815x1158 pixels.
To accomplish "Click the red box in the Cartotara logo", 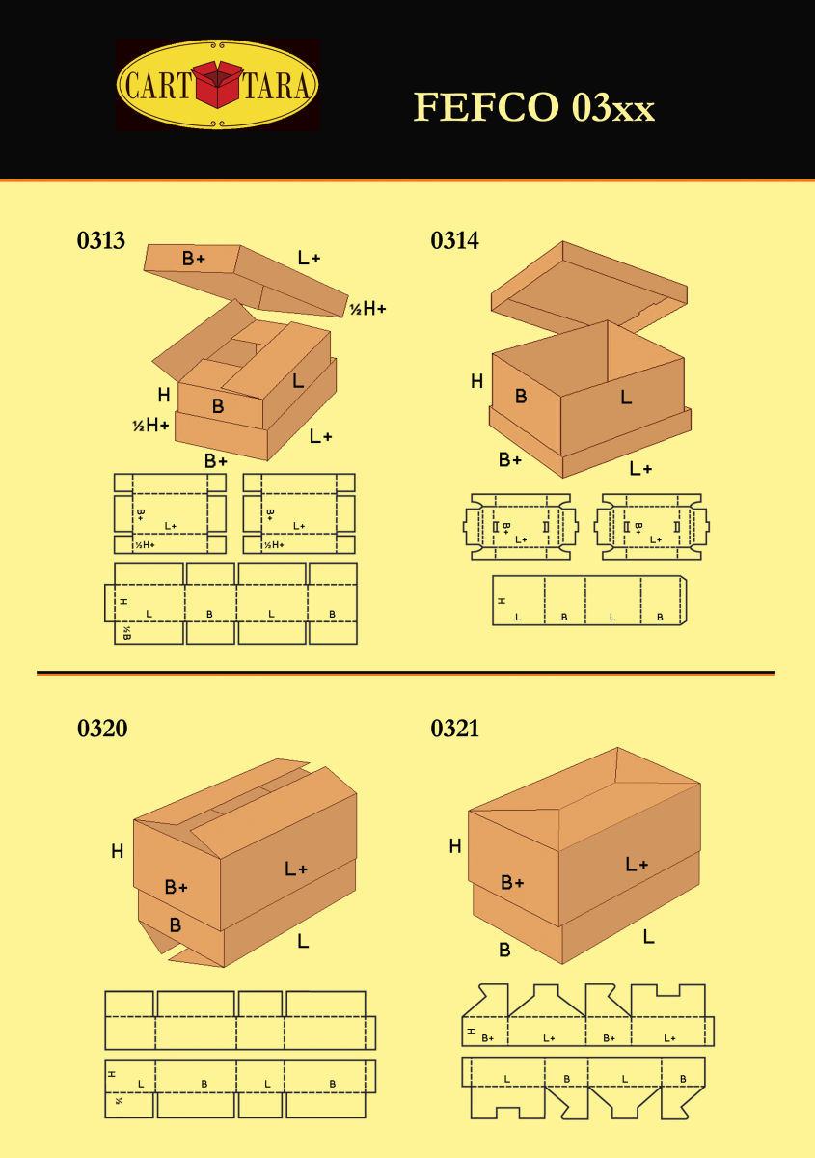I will [x=218, y=84].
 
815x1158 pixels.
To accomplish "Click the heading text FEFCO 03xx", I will [x=533, y=107].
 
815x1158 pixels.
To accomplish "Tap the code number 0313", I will [x=101, y=241].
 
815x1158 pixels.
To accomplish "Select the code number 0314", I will [x=454, y=241].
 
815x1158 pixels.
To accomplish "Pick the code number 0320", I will [x=102, y=729].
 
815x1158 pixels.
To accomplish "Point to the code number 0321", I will [x=454, y=729].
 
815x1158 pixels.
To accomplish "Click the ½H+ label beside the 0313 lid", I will [x=367, y=309].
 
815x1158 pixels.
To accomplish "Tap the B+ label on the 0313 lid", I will [x=194, y=259].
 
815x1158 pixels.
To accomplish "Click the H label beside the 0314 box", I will [x=476, y=381].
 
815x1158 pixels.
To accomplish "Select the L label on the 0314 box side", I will [x=626, y=397].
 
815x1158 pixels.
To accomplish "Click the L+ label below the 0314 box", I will [x=640, y=469].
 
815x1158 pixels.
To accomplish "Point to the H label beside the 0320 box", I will [x=117, y=851].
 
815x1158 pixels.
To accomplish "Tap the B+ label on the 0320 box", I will [x=176, y=887].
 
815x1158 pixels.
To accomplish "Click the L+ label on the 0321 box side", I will [x=637, y=865].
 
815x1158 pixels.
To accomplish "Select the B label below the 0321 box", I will [x=504, y=950].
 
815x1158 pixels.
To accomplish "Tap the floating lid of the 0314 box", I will [x=588, y=285].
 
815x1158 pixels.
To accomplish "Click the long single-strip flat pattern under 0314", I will [x=588, y=600].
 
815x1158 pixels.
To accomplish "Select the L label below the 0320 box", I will [x=303, y=940].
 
